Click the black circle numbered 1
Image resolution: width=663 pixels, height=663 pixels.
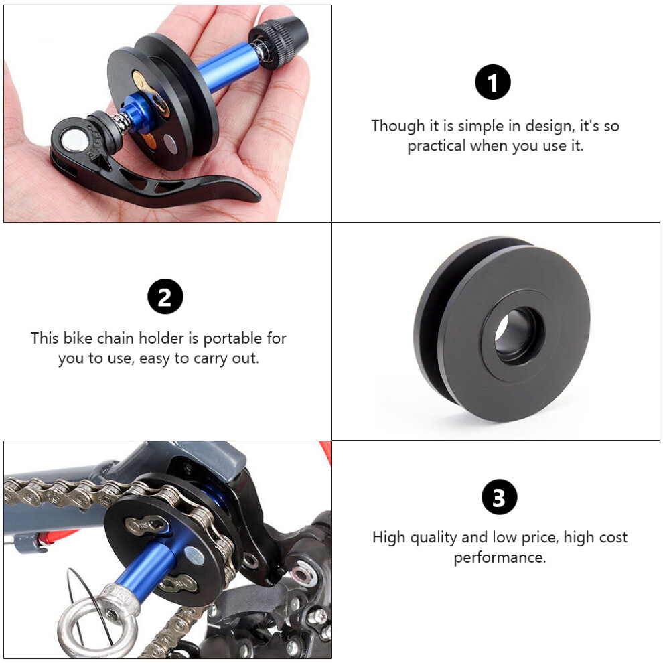click(x=493, y=82)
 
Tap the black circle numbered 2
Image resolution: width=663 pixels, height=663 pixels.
click(x=165, y=297)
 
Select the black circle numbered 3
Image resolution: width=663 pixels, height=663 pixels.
click(x=500, y=497)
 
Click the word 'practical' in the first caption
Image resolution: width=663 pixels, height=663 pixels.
click(x=437, y=146)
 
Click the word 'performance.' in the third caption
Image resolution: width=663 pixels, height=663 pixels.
click(x=500, y=557)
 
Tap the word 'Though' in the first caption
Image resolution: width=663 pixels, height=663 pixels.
click(x=398, y=126)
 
